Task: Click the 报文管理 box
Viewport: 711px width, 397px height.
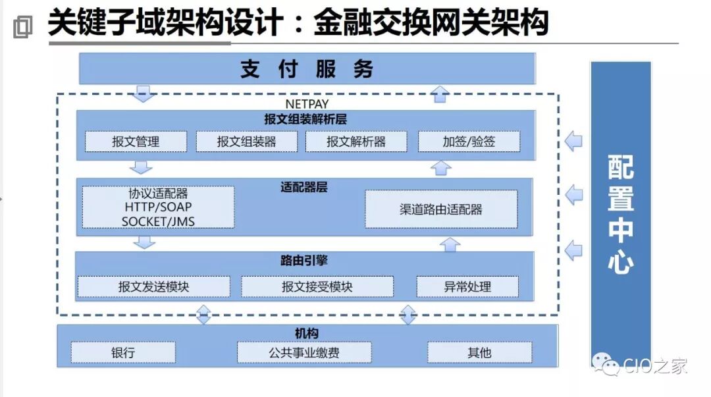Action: coord(136,142)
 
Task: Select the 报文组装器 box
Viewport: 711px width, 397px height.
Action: coord(247,142)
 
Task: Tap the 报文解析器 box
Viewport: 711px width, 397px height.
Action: coord(356,142)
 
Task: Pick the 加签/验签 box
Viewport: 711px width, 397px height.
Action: coord(469,142)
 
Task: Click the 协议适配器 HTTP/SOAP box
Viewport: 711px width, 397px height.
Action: coord(158,207)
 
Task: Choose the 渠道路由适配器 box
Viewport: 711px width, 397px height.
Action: coord(441,209)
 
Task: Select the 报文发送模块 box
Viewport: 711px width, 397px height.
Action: coord(154,287)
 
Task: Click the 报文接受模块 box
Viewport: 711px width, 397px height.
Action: coord(317,287)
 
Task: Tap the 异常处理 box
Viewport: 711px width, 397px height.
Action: coord(467,287)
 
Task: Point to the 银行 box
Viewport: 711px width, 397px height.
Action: coord(123,352)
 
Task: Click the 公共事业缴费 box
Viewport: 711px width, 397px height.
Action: coord(304,352)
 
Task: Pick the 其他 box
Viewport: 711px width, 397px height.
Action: coord(479,352)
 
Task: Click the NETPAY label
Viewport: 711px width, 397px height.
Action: coord(307,104)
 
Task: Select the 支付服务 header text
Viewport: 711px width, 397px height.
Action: coord(307,69)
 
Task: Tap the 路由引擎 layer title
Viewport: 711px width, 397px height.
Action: coord(304,261)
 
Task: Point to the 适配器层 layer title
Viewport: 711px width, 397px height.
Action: coord(304,187)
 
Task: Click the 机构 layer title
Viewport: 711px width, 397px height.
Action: coord(307,334)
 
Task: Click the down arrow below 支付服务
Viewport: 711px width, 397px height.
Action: coord(144,93)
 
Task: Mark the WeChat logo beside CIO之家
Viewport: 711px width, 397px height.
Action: coord(606,364)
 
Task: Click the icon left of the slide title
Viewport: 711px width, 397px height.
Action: coord(22,26)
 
